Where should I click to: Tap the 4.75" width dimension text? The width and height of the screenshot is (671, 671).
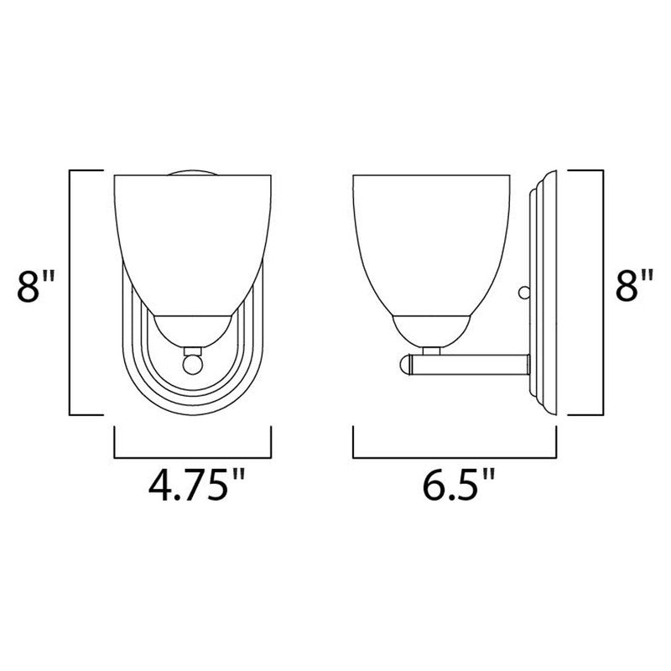190,485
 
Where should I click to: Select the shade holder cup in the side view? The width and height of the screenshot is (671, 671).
432,330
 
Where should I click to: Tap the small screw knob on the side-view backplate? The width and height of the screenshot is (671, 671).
524,293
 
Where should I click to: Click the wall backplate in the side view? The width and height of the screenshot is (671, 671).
541,294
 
